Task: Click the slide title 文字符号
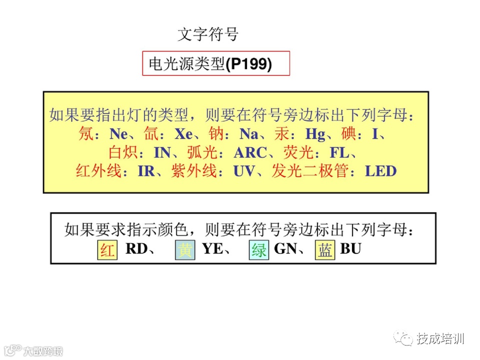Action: [x=208, y=34]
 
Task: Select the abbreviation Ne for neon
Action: [x=119, y=134]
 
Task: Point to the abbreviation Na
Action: [x=249, y=134]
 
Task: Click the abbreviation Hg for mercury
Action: [x=315, y=134]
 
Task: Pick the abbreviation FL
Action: [x=339, y=152]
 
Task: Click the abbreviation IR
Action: [x=146, y=171]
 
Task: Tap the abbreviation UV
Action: [x=243, y=171]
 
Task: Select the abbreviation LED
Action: [x=380, y=171]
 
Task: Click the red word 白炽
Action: [x=123, y=152]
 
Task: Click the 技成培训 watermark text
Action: [x=440, y=338]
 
